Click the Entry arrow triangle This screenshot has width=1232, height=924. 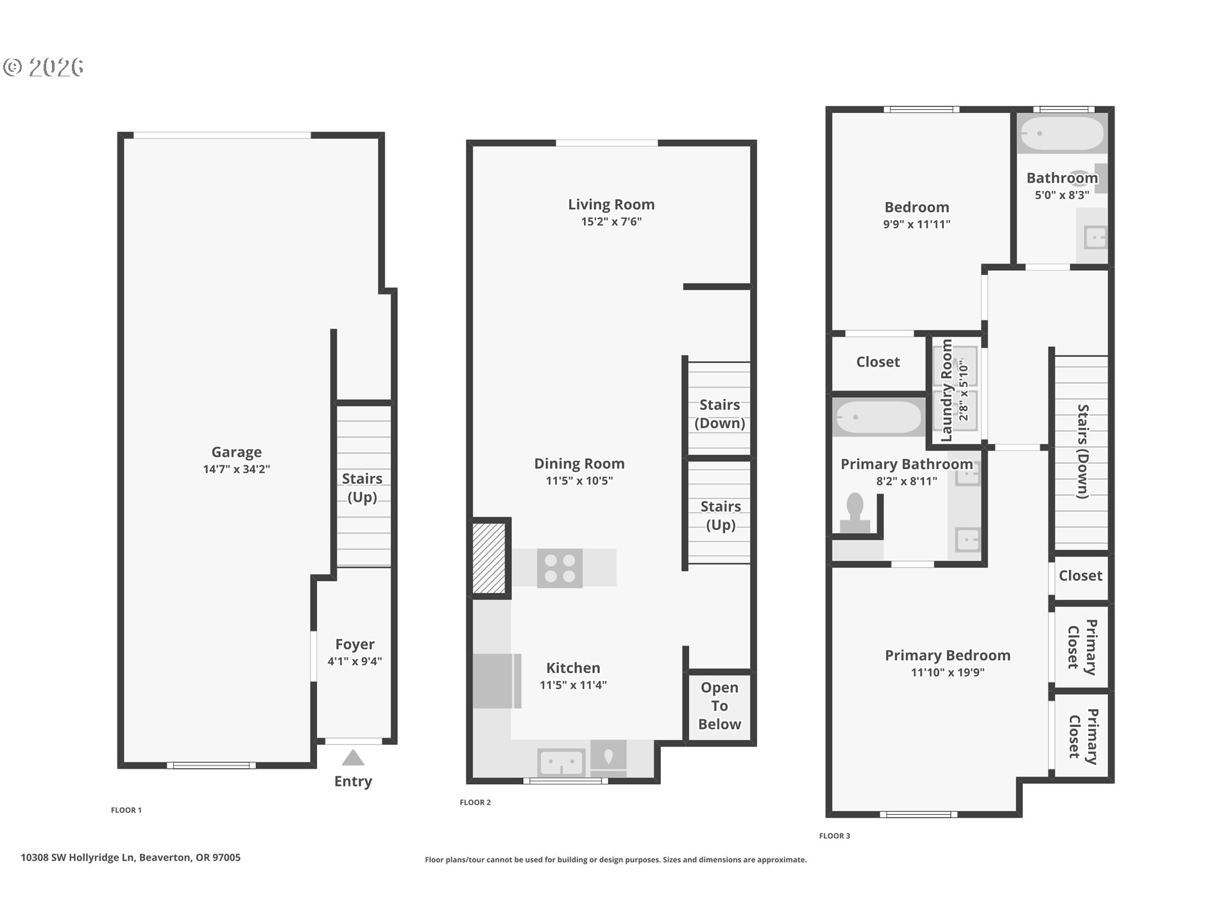point(353,758)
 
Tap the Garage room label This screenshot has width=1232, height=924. point(237,452)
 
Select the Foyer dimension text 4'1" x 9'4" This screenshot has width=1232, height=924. point(355,661)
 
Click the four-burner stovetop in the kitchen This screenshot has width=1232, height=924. point(560,568)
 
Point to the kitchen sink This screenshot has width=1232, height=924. point(561,763)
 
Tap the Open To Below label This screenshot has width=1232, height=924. point(719,706)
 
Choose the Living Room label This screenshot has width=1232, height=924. point(612,205)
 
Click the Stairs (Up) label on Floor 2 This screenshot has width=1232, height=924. point(721,515)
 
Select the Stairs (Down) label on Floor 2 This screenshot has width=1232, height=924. point(720,414)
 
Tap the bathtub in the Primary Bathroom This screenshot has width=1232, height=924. point(878,417)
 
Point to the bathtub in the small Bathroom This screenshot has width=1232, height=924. point(1062,133)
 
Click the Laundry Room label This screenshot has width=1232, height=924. point(946,391)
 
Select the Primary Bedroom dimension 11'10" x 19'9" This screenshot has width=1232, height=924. point(948,672)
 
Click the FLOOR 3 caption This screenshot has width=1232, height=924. point(835,835)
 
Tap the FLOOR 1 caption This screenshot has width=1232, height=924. point(126,810)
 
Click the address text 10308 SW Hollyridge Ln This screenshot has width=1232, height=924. point(78,857)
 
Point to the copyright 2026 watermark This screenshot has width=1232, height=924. point(44,67)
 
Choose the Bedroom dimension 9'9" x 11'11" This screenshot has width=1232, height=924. point(917,224)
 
